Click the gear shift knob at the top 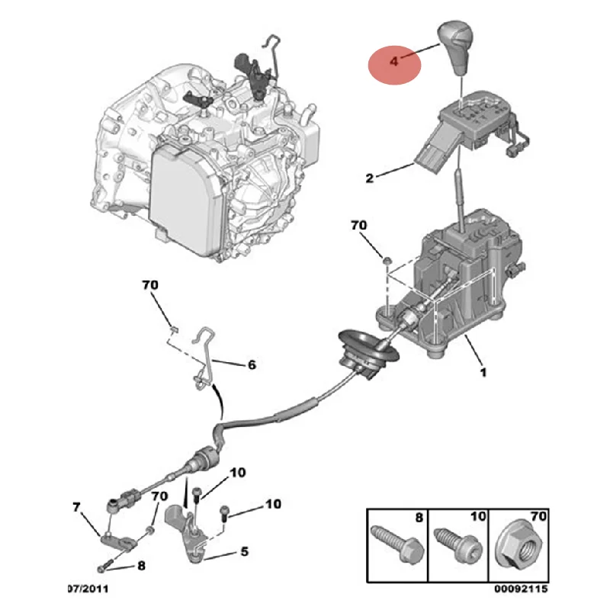457,47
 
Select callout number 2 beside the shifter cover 369,178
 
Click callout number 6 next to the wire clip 252,364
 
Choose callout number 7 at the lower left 75,506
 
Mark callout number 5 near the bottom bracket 244,550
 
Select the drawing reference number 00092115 521,589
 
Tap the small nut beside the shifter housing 387,262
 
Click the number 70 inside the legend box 538,517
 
